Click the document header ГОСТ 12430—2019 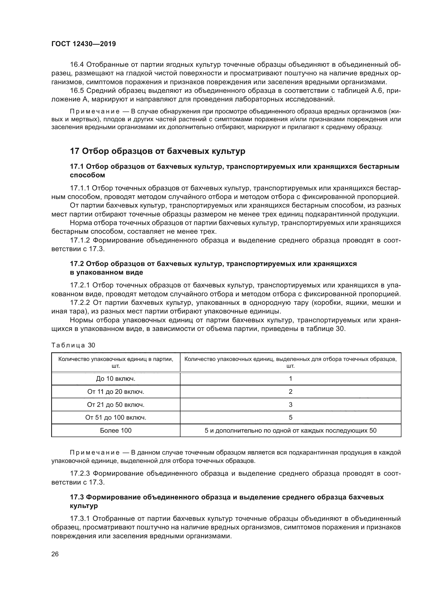point(84,44)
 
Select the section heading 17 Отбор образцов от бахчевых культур point(157,152)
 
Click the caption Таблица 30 point(73,345)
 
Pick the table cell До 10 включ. point(116,379)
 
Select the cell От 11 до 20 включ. point(116,392)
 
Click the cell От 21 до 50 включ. point(116,405)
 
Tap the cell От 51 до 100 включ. point(116,418)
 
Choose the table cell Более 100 point(116,431)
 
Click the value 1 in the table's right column point(290,379)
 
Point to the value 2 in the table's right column point(290,392)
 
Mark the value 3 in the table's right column point(290,405)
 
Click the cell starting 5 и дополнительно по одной point(290,431)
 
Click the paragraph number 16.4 point(77,65)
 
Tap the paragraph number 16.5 point(77,91)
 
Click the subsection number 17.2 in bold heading point(77,264)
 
